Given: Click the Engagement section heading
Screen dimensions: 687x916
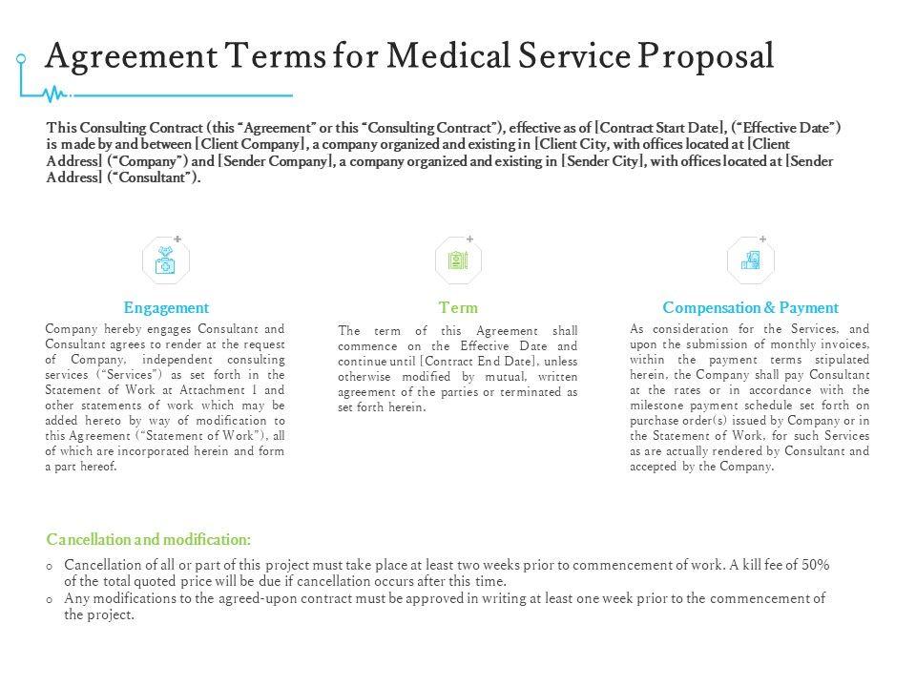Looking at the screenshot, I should click(x=166, y=308).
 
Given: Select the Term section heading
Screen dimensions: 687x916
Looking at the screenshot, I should click(x=458, y=308).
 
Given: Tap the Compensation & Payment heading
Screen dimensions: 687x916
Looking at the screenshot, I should click(x=750, y=308).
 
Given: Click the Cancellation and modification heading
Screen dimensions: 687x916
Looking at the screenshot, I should click(x=149, y=540).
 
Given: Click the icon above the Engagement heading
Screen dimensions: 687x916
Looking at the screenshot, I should click(x=166, y=260).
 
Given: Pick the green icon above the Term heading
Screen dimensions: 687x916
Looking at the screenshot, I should click(x=458, y=260).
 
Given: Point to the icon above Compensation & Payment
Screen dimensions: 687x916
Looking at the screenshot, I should click(x=750, y=260).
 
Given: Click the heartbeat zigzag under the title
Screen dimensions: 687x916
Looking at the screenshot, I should click(x=57, y=94).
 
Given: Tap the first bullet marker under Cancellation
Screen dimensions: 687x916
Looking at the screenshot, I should click(x=50, y=566).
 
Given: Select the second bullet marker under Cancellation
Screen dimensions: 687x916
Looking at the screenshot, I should click(x=50, y=599).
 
